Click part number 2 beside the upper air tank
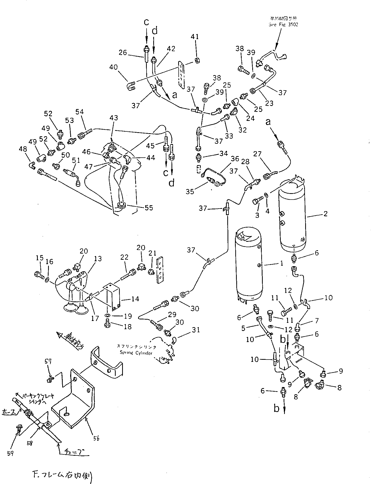point(325,213)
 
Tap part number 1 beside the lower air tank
point(282,263)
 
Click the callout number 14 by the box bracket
point(135,299)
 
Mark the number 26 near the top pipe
point(123,52)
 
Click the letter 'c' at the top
point(146,22)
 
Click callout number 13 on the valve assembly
point(98,259)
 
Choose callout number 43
point(114,118)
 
